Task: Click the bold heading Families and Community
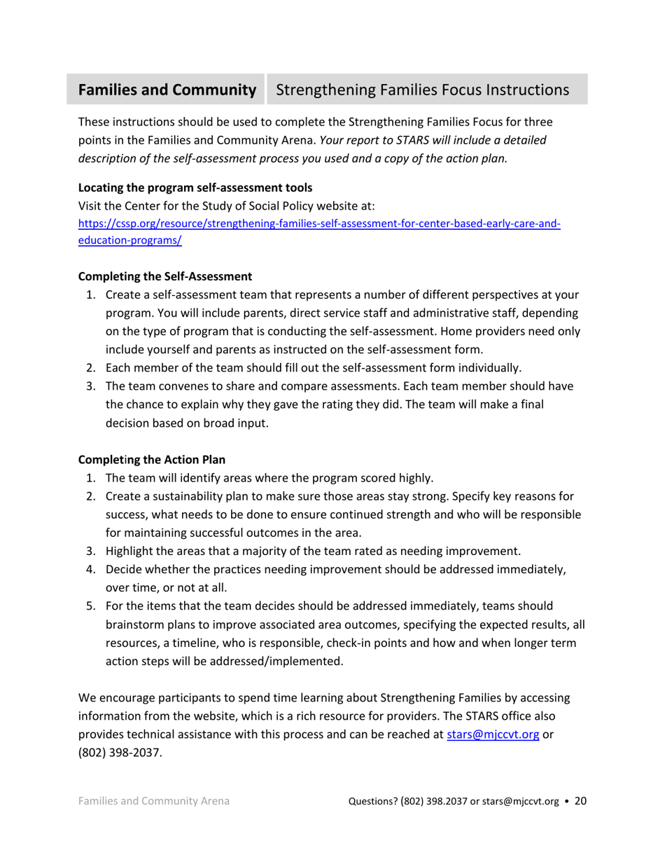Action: click(167, 90)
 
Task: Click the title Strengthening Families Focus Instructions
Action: click(422, 90)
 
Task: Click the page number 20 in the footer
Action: click(580, 801)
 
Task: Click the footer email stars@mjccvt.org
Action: click(519, 802)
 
